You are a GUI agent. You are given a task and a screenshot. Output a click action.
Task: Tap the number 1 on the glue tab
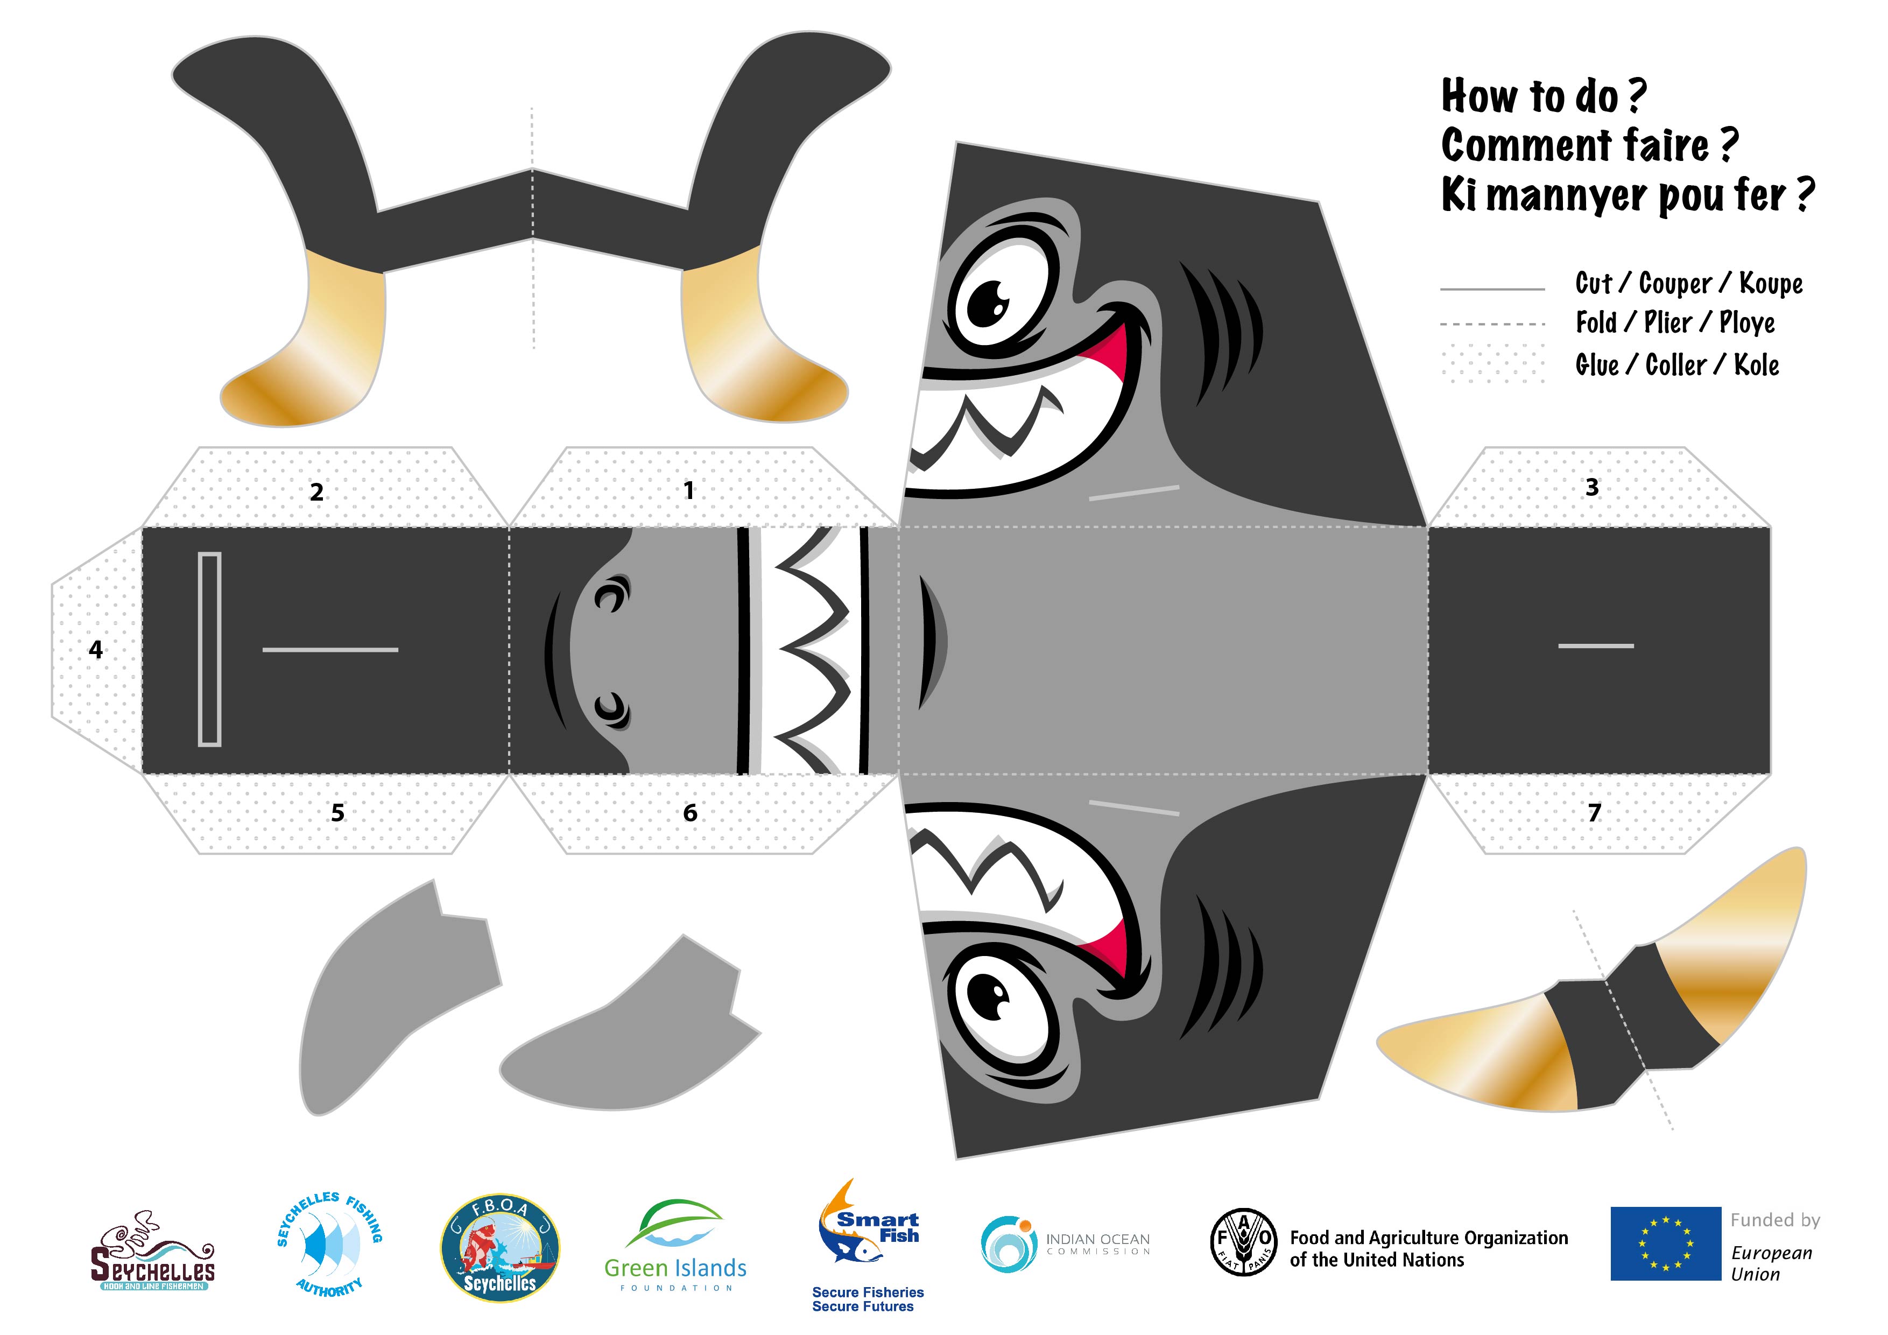coord(689,491)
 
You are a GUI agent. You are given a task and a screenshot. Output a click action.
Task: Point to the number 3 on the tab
coord(1592,487)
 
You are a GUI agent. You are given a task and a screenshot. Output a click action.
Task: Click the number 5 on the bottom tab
coord(337,813)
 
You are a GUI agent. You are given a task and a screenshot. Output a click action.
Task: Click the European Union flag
coord(1665,1243)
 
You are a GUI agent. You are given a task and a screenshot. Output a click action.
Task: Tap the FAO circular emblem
coord(1243,1242)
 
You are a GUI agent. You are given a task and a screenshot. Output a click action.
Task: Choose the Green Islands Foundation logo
coord(675,1245)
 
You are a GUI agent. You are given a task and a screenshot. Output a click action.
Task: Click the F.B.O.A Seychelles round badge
coord(500,1249)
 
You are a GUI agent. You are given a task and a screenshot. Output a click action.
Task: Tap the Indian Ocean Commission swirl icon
coord(1008,1243)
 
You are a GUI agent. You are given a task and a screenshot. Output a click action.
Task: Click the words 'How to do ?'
coord(1544,96)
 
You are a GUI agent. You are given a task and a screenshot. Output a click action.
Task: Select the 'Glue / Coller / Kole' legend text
coord(1676,365)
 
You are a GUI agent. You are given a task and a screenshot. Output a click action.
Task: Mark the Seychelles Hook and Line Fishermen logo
coord(152,1250)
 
